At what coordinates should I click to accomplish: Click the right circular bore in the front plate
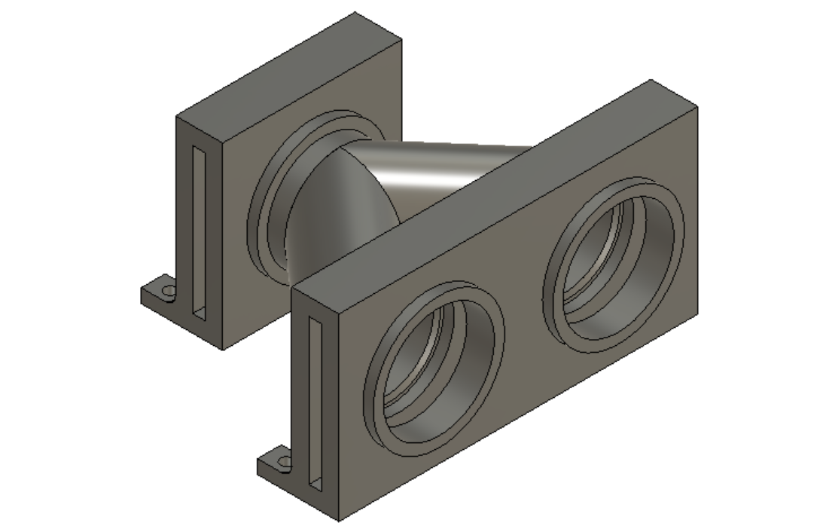point(614,260)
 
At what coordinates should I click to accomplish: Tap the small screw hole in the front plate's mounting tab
point(284,460)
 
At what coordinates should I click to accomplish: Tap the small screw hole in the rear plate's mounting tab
point(169,290)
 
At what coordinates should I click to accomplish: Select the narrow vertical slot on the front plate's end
point(316,400)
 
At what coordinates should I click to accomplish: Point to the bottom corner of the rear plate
point(224,349)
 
